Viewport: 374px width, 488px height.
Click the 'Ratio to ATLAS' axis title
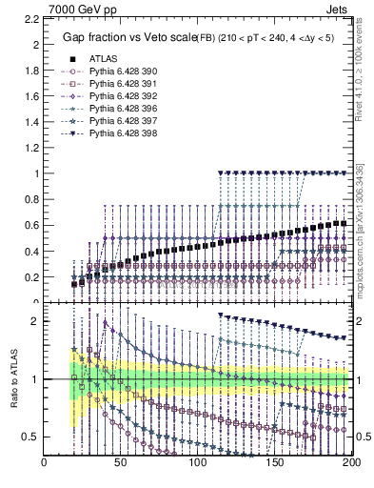click(16, 378)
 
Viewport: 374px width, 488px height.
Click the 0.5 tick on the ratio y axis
click(30, 437)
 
